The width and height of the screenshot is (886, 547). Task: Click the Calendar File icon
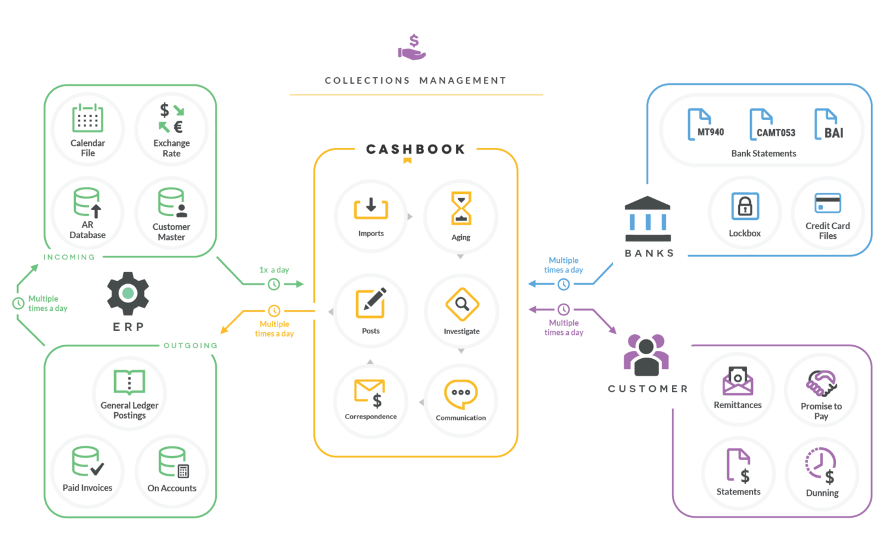click(88, 119)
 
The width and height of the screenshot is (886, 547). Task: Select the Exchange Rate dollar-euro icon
click(171, 117)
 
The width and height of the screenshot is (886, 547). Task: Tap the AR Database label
click(88, 230)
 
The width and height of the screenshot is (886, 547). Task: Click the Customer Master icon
click(172, 203)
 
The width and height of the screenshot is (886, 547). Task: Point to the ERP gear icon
click(128, 293)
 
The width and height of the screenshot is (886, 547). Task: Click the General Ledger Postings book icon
click(129, 383)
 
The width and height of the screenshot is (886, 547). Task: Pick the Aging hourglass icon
click(461, 208)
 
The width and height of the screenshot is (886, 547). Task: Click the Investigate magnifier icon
click(462, 304)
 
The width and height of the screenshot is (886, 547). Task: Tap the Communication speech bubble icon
click(461, 394)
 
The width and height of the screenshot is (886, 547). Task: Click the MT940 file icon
click(705, 124)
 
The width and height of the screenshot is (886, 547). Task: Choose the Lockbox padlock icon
click(745, 207)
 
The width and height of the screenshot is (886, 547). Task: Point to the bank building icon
click(647, 218)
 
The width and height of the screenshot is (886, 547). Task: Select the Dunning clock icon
click(821, 467)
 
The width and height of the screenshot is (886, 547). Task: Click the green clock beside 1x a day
click(274, 284)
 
